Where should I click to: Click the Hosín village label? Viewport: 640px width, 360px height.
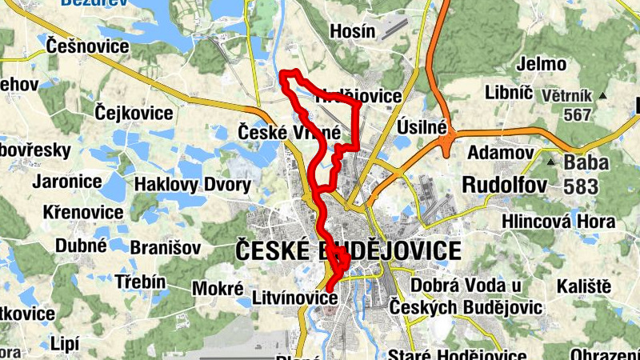pos(353,31)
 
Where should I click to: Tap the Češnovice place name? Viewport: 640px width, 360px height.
pos(87,46)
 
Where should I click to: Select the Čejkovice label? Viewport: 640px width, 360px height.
pos(134,113)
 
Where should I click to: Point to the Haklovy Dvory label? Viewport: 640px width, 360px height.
pos(192,186)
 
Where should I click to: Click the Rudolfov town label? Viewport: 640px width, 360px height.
pos(505,185)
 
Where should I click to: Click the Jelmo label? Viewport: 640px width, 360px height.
pos(542,64)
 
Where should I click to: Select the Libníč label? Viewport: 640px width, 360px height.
pos(509,92)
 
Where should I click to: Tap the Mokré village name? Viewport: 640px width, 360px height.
pos(218,288)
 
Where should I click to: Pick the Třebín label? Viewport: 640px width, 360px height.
pos(140,282)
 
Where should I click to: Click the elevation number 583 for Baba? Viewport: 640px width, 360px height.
pos(587,187)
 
